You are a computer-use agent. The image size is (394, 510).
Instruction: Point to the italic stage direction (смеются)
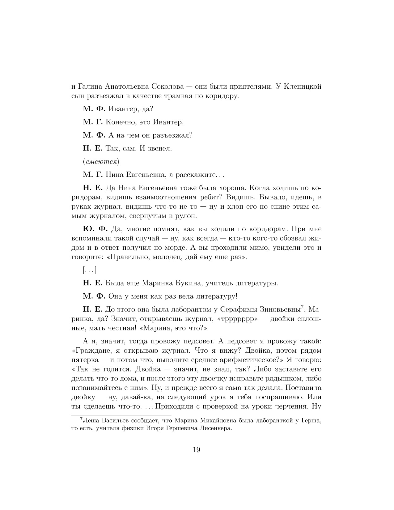tap(101, 161)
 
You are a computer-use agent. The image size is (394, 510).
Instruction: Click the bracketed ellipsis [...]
tap(90, 270)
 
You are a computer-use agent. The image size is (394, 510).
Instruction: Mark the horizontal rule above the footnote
tap(121, 415)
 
